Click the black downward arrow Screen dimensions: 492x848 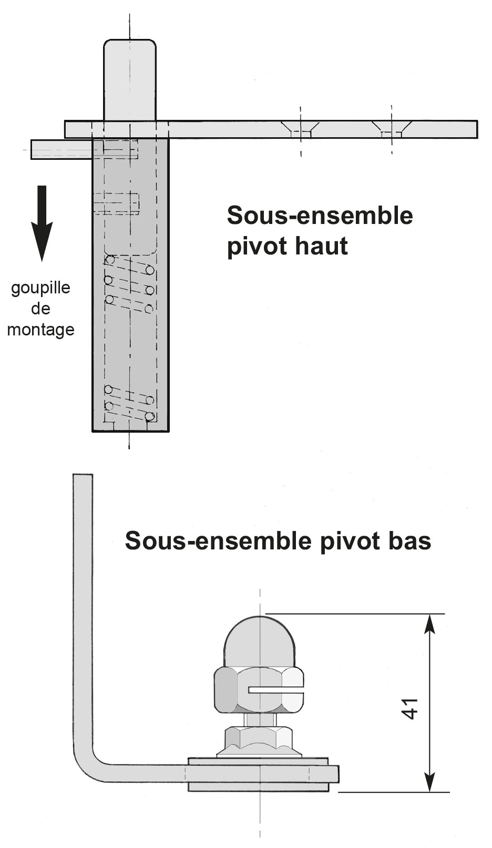tap(42, 223)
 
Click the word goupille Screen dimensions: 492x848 tap(40, 289)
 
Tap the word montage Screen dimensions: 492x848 tap(41, 329)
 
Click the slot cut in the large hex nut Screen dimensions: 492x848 tap(275, 690)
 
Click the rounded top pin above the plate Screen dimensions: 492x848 tap(130, 79)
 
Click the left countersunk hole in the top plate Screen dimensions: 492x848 tap(301, 129)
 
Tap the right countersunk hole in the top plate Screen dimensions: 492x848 tap(391, 129)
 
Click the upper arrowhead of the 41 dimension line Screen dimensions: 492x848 tap(429, 625)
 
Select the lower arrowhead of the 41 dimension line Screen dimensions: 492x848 tap(429, 781)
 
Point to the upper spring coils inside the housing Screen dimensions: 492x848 tap(129, 284)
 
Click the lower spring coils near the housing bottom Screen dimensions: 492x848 tap(129, 403)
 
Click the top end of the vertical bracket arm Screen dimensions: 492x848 tap(83, 475)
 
